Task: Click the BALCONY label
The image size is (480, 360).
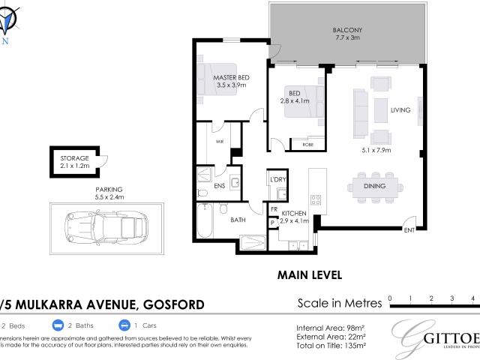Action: (x=348, y=31)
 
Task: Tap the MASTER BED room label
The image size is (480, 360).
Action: (x=231, y=77)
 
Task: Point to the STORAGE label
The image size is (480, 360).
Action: (x=75, y=158)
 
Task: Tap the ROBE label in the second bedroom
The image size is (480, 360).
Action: (x=307, y=143)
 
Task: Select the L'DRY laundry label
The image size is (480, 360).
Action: (x=278, y=181)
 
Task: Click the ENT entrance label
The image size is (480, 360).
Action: (x=409, y=229)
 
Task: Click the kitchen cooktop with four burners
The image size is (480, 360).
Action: (x=316, y=199)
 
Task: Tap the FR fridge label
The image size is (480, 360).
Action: (x=274, y=209)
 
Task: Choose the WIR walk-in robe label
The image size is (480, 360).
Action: (x=220, y=140)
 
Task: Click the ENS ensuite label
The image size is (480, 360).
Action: (x=220, y=184)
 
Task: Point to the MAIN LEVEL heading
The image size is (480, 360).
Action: (x=310, y=275)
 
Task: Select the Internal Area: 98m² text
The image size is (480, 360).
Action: (x=330, y=327)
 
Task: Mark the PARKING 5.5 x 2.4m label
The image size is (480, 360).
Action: (x=109, y=193)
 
